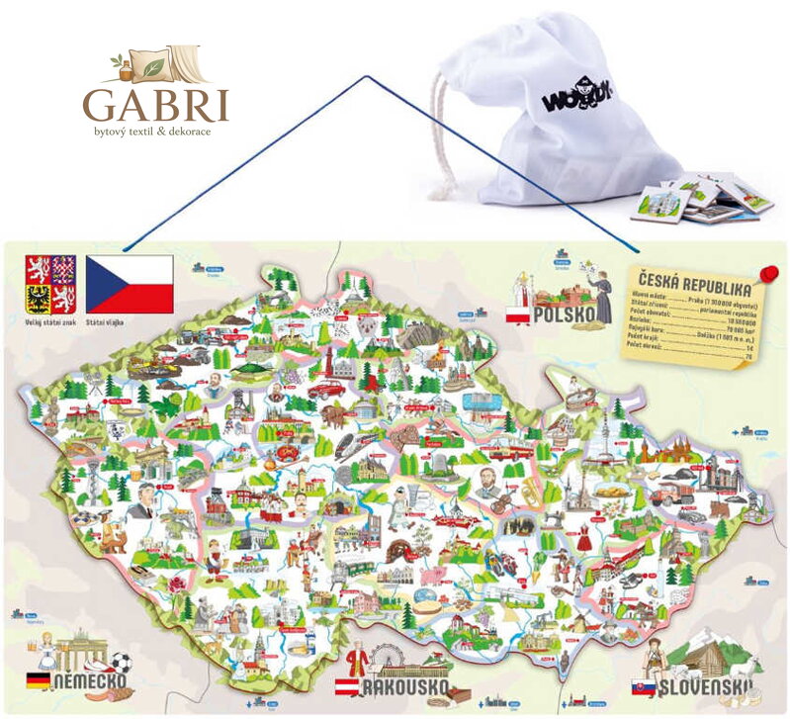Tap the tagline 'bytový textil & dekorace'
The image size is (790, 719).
[155, 130]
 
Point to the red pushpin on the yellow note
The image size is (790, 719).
[768, 272]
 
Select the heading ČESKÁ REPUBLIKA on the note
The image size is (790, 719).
[693, 286]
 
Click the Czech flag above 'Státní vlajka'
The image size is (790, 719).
[130, 284]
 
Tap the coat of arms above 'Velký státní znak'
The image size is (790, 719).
[51, 284]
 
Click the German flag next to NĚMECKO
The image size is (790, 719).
[39, 680]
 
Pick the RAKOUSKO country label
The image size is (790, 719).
[405, 687]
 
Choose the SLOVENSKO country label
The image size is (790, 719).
[701, 685]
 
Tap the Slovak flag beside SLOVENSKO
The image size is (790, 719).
[644, 685]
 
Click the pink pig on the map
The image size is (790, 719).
[432, 576]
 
